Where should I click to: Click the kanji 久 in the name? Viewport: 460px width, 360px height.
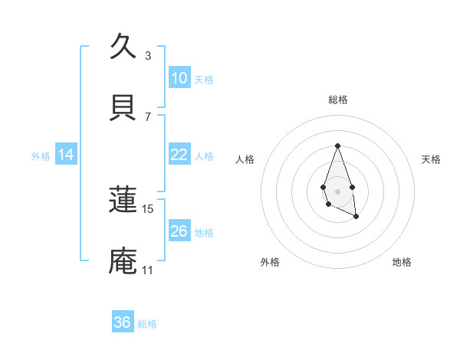click(123, 47)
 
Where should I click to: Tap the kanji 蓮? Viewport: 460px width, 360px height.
click(123, 200)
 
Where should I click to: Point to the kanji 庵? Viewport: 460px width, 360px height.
click(123, 261)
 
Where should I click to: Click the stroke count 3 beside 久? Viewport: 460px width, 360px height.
click(148, 56)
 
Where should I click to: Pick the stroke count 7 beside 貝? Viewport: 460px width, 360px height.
click(148, 117)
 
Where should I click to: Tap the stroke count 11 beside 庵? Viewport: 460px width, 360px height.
click(147, 270)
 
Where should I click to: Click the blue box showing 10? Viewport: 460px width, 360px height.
click(179, 78)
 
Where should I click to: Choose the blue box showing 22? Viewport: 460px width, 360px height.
click(179, 155)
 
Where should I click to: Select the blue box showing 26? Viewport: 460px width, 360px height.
click(179, 231)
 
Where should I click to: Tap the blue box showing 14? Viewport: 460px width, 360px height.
click(66, 155)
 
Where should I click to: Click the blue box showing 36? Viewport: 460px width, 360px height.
click(123, 322)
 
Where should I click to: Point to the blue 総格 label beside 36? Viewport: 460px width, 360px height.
click(147, 324)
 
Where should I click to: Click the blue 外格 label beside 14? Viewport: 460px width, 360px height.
click(41, 156)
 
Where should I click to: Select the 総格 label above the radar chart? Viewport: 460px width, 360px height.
click(337, 100)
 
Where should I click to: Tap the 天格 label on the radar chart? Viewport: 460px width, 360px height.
click(432, 159)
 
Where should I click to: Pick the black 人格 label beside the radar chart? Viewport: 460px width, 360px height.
click(245, 159)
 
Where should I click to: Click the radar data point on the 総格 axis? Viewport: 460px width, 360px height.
click(337, 146)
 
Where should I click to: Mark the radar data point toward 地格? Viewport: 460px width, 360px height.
click(356, 218)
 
